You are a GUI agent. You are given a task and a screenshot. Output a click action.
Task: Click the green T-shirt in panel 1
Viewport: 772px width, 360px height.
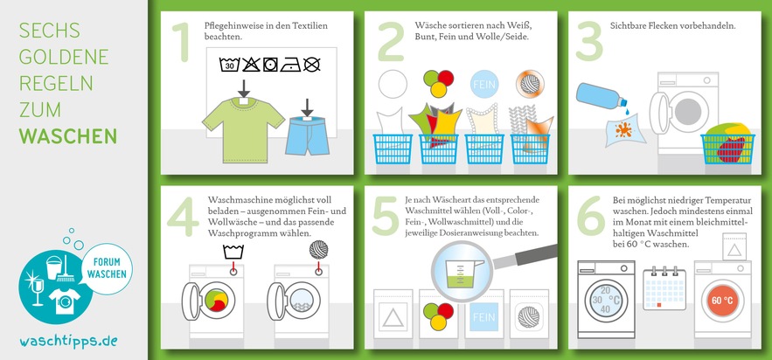coord(243,128)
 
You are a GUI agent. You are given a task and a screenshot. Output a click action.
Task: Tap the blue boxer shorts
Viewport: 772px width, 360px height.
coord(307,135)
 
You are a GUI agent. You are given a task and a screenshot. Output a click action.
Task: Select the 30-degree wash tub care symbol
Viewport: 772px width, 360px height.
coord(229,65)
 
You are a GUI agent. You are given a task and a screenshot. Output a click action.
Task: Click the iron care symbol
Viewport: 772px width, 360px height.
coord(290,65)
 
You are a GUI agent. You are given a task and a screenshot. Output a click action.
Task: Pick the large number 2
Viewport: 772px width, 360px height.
coord(391,42)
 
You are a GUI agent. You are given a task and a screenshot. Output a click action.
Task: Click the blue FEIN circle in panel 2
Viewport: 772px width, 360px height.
coord(484,84)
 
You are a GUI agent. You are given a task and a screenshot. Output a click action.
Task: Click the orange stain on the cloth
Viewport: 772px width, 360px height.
coord(622,130)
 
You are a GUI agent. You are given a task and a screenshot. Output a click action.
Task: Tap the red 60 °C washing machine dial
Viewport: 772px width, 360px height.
coord(722,301)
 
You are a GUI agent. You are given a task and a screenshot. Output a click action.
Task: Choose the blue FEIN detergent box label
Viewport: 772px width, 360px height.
coord(483,316)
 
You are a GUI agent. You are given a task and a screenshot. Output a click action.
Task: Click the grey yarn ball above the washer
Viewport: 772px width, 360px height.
coord(318,249)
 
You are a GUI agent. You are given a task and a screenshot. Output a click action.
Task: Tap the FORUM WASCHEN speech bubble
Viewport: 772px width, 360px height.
coord(107,268)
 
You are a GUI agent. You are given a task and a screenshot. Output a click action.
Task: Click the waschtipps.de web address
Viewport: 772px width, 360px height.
coord(68,342)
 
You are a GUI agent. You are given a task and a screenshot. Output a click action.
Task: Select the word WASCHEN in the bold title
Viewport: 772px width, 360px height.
coord(68,135)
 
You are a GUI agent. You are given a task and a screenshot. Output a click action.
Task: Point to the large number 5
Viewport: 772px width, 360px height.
coord(385,215)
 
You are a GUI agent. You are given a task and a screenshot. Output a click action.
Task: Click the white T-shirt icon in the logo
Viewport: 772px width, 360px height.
coord(64,301)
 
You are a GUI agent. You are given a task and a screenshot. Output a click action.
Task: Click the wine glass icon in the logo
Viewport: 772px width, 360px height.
coord(38,292)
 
